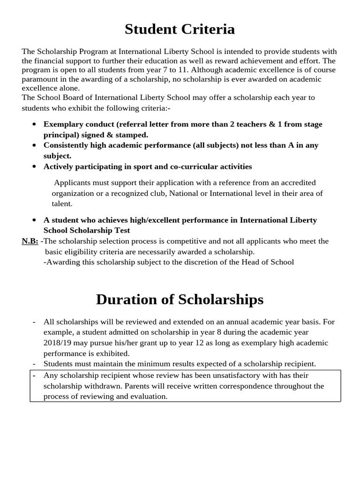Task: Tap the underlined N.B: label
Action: point(30,241)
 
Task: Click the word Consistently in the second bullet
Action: point(65,145)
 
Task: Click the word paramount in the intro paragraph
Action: point(39,79)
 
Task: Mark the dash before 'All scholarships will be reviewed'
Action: point(34,322)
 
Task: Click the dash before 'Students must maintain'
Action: point(34,364)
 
